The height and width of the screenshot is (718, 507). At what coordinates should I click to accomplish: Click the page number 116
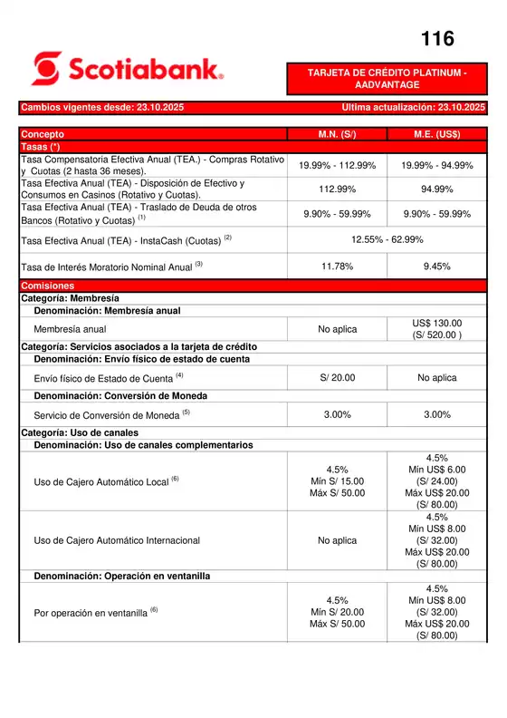click(438, 38)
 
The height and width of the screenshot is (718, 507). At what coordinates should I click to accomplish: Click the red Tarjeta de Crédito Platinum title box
click(387, 78)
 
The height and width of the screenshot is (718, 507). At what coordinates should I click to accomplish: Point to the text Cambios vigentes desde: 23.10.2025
click(102, 108)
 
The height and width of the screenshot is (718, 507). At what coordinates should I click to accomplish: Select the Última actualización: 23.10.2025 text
click(414, 108)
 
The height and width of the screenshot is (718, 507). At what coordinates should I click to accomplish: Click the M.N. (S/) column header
click(337, 134)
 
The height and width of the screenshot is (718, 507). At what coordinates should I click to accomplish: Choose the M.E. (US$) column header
click(437, 134)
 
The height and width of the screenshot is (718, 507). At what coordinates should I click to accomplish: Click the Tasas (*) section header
click(41, 146)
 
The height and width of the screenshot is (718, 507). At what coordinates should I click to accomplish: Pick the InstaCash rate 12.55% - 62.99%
click(387, 239)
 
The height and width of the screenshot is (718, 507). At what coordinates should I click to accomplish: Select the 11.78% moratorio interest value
click(337, 267)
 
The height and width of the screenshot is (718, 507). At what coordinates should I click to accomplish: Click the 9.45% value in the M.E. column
click(437, 267)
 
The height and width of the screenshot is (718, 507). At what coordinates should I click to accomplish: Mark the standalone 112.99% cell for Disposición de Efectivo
click(337, 189)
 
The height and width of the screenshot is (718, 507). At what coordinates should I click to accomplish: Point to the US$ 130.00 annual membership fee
click(437, 324)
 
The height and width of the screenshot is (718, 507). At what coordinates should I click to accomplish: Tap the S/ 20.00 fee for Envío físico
click(337, 377)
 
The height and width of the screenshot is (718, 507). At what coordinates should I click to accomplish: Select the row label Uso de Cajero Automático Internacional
click(117, 540)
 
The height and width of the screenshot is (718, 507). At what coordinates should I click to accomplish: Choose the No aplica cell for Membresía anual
click(337, 329)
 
